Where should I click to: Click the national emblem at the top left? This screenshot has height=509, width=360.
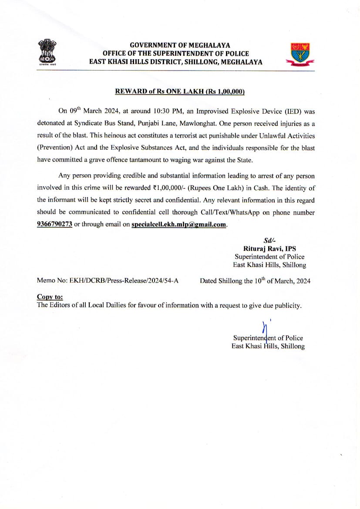47,52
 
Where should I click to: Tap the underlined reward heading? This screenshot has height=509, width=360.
180,91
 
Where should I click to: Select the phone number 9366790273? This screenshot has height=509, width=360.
54,225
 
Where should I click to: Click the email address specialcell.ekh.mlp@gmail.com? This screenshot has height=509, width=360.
179,225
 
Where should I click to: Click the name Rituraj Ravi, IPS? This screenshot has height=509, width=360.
269,249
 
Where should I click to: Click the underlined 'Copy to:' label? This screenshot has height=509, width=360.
50,297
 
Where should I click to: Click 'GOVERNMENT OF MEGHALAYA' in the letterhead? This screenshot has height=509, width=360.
180,45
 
